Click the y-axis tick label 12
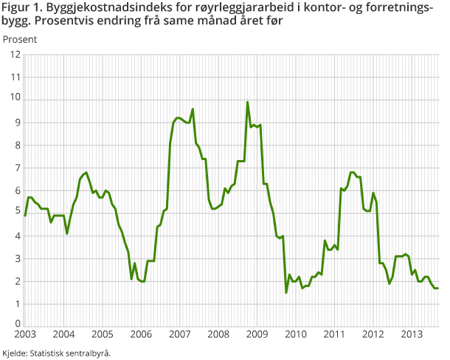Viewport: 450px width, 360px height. pyautogui.click(x=15, y=54)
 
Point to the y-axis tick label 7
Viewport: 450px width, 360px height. pyautogui.click(x=17, y=167)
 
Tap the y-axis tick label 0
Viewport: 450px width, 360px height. pyautogui.click(x=17, y=323)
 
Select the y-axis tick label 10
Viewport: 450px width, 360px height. pyautogui.click(x=15, y=100)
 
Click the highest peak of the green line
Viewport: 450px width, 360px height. pyautogui.click(x=248, y=102)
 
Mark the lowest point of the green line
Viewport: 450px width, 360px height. pyautogui.click(x=286, y=293)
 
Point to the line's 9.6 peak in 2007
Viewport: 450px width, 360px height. pyautogui.click(x=193, y=109)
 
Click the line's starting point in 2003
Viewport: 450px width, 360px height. pyautogui.click(x=24, y=215)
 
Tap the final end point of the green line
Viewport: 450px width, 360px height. pyautogui.click(x=438, y=288)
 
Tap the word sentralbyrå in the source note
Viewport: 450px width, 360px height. pyautogui.click(x=91, y=353)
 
